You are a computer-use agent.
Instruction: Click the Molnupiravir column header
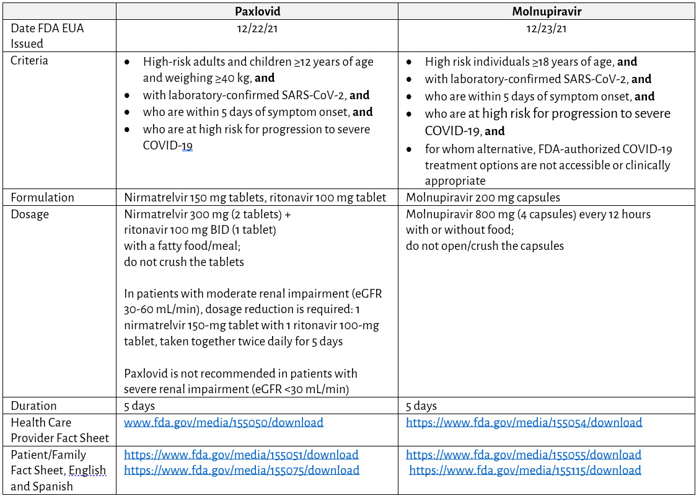coord(547,12)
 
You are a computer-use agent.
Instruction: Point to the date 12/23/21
coord(547,28)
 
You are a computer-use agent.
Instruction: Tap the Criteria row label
coord(29,61)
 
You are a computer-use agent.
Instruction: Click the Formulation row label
coord(42,197)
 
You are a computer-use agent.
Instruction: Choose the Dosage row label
coord(30,214)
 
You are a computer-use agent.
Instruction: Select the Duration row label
coord(33,406)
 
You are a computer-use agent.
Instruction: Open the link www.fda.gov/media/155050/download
coord(224,422)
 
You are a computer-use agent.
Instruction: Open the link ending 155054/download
coord(524,422)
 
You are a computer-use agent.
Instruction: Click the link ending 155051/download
coord(241,454)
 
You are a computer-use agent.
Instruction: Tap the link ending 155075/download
coord(242,470)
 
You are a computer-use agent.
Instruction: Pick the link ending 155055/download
coord(524,454)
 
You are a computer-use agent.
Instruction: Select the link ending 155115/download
coord(525,470)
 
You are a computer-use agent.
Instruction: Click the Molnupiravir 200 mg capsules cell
coord(483,197)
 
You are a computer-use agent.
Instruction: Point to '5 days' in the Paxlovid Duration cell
coord(139,406)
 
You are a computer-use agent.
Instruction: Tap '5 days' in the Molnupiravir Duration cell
coord(421,406)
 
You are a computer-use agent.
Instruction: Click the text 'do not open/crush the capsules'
coord(485,246)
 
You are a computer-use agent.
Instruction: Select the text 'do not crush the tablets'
coord(184,262)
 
